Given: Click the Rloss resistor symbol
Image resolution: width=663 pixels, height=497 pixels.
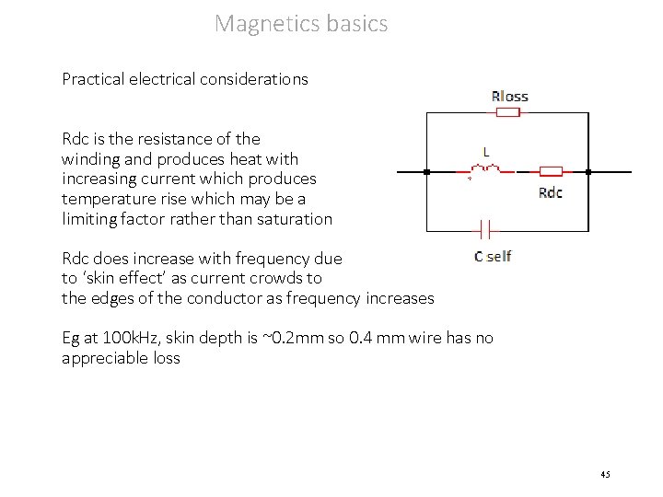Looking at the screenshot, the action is click(508, 111).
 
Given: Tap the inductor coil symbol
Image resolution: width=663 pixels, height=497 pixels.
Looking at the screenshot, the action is click(485, 170).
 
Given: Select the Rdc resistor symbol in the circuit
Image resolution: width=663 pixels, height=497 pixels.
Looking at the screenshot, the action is click(551, 171).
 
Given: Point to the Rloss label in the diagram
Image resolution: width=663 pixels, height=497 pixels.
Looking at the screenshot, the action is click(509, 96).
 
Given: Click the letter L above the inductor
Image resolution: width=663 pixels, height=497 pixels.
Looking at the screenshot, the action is click(486, 151).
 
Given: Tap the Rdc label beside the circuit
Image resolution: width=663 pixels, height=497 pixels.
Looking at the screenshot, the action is click(550, 192).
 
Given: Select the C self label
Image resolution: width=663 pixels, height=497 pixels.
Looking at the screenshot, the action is click(493, 256).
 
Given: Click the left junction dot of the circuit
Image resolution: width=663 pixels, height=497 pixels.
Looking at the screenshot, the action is click(425, 171).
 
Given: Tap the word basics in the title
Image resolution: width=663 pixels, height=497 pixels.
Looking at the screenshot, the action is click(357, 23).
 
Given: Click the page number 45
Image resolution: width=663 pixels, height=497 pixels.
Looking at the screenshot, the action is click(604, 474).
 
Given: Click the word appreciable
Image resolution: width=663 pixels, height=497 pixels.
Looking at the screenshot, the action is click(101, 358).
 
